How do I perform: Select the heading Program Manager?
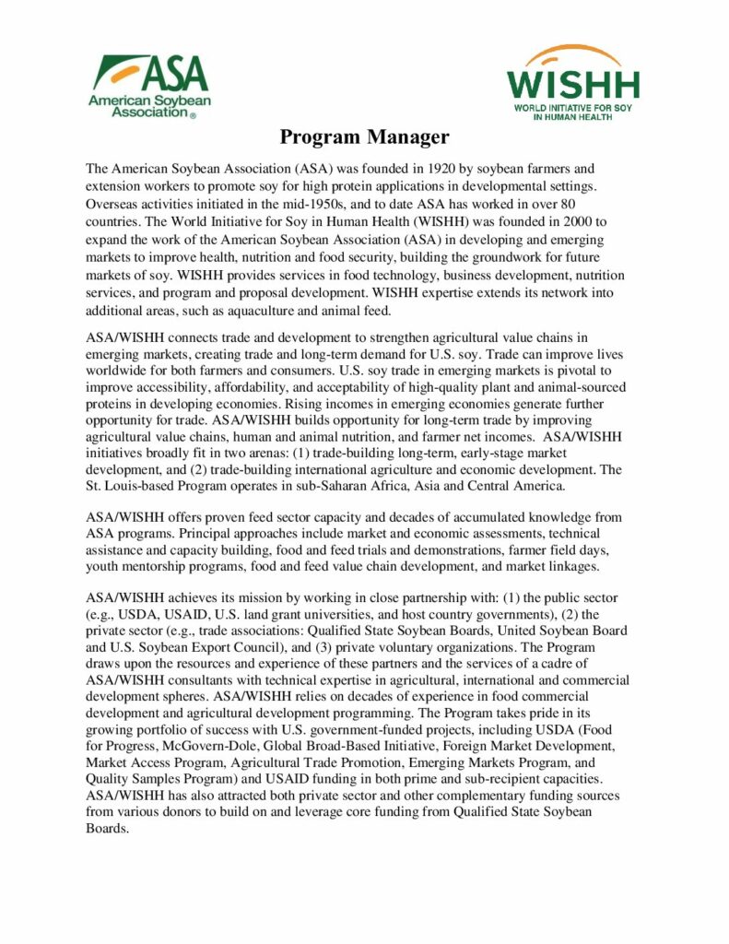pos(364,137)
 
